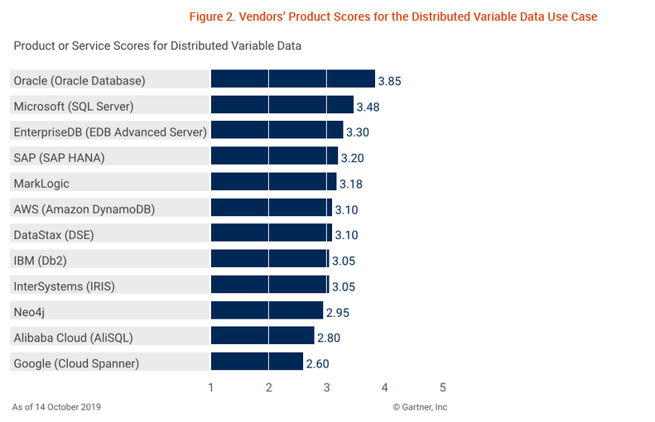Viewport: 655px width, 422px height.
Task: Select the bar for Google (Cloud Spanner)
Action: click(257, 362)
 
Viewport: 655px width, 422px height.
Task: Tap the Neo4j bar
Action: click(267, 310)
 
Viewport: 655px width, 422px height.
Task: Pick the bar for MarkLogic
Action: click(273, 182)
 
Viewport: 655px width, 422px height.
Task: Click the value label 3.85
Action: click(389, 81)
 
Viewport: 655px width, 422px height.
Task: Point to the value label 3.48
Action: click(368, 107)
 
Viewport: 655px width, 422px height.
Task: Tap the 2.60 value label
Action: click(317, 362)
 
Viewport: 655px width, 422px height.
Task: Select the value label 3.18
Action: click(350, 184)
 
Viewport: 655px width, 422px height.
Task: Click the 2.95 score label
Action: click(337, 312)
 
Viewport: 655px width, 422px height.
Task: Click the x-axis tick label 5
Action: click(443, 387)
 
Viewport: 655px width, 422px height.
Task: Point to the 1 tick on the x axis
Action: click(211, 387)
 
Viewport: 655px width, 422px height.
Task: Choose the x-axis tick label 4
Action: click(385, 387)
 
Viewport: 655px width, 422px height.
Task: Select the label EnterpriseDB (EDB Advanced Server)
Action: click(110, 132)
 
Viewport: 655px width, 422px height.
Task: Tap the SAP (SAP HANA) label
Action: click(60, 157)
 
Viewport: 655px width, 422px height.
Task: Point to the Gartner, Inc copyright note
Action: click(420, 407)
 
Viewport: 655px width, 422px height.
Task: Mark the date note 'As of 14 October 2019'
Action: click(57, 407)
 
